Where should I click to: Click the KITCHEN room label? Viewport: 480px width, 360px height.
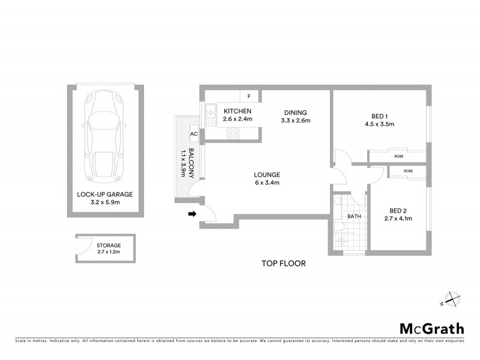pyautogui.click(x=238, y=112)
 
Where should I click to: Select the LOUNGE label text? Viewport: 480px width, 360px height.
pyautogui.click(x=267, y=175)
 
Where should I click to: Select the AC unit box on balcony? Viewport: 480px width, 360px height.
pyautogui.click(x=194, y=134)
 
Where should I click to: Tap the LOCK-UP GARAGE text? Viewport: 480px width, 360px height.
pyautogui.click(x=104, y=194)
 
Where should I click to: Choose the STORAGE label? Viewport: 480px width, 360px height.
pyautogui.click(x=109, y=245)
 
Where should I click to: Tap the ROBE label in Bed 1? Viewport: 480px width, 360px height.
pyautogui.click(x=400, y=156)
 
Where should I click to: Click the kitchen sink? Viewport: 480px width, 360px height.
pyautogui.click(x=211, y=114)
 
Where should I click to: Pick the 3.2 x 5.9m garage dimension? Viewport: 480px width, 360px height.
pyautogui.click(x=104, y=203)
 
